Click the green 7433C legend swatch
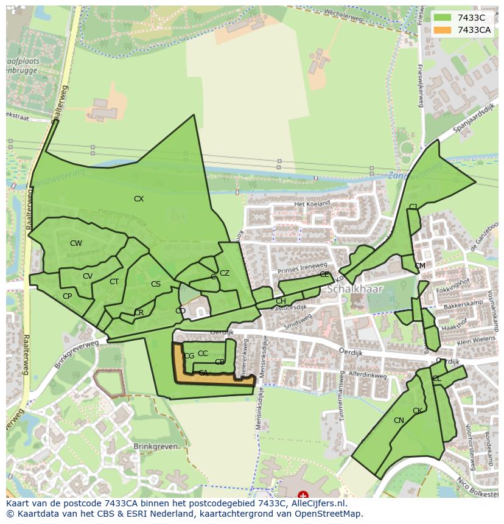pos(443,18)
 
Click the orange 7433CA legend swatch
pos(443,30)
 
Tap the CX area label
pos(139,199)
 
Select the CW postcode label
pos(75,243)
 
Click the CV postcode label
pos(88,276)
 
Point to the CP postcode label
pos(67,296)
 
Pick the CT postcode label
pos(114,282)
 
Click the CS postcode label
pos(156,284)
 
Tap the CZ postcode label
pos(225,273)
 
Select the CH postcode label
pos(281,301)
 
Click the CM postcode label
pos(420,266)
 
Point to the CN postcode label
pos(399,421)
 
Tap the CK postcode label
pos(418,411)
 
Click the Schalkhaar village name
pos(353,290)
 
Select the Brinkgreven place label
pos(156,446)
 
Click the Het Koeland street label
pos(312,203)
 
